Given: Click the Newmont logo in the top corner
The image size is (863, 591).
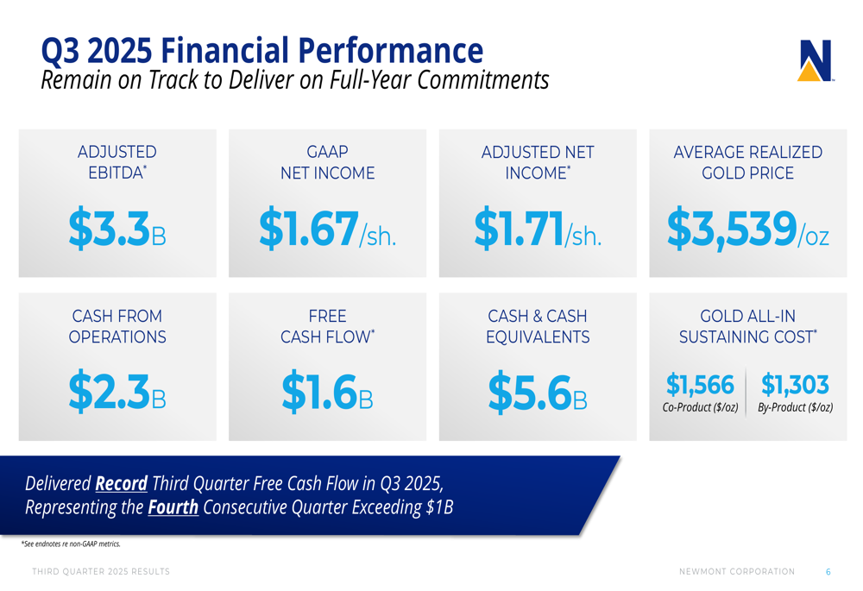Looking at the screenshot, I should pyautogui.click(x=816, y=60).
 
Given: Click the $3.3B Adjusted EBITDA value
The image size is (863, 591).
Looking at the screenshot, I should pyautogui.click(x=117, y=229).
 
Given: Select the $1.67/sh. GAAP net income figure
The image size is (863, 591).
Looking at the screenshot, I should pyautogui.click(x=328, y=229).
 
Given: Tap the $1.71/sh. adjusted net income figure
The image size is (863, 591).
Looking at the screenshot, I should pyautogui.click(x=538, y=229).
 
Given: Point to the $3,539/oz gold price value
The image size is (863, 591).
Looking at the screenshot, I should pyautogui.click(x=747, y=229).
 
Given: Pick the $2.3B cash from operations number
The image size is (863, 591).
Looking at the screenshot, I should pyautogui.click(x=117, y=391).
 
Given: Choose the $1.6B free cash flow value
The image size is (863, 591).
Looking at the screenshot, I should pyautogui.click(x=328, y=391).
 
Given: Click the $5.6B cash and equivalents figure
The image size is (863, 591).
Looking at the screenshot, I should pyautogui.click(x=538, y=391).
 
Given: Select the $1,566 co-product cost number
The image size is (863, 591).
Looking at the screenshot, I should pyautogui.click(x=700, y=384).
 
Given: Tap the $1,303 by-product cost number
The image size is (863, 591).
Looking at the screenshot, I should pyautogui.click(x=795, y=384).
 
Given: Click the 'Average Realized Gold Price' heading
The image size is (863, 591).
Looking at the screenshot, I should pyautogui.click(x=747, y=162).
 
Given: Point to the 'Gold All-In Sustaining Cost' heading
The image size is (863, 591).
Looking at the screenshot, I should pyautogui.click(x=747, y=326).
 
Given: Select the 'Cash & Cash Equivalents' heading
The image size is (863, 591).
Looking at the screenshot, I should pyautogui.click(x=538, y=326).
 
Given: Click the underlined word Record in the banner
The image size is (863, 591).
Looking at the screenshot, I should pyautogui.click(x=121, y=482).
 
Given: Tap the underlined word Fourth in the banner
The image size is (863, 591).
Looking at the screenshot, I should pyautogui.click(x=173, y=506).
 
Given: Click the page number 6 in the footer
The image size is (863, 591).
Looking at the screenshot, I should pyautogui.click(x=828, y=572).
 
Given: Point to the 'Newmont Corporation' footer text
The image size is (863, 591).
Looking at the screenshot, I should pyautogui.click(x=737, y=572).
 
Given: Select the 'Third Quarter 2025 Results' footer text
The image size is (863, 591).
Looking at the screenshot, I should pyautogui.click(x=101, y=572).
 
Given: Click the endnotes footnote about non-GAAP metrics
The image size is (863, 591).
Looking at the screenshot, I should pyautogui.click(x=71, y=544).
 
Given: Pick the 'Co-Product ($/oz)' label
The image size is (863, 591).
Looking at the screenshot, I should pyautogui.click(x=700, y=407).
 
